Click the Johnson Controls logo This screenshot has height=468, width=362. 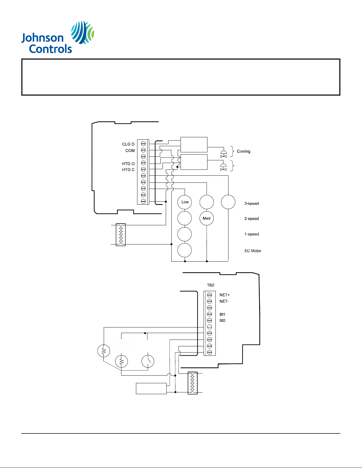pyautogui.click(x=58, y=37)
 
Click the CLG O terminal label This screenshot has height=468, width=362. pyautogui.click(x=128, y=144)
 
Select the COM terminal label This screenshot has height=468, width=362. pyautogui.click(x=130, y=151)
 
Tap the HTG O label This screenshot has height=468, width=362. pyautogui.click(x=128, y=164)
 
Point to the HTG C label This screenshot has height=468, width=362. pyautogui.click(x=128, y=170)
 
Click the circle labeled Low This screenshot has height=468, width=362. pyautogui.click(x=185, y=202)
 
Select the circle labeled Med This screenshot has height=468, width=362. pyautogui.click(x=207, y=218)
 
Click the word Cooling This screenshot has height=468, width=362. pyautogui.click(x=244, y=151)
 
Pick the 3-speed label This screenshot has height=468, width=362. pyautogui.click(x=251, y=203)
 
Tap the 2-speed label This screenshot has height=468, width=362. pyautogui.click(x=251, y=219)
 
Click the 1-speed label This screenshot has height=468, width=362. pyautogui.click(x=251, y=234)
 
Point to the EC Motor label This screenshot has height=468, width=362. pyautogui.click(x=253, y=251)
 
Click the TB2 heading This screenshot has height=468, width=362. pyautogui.click(x=210, y=285)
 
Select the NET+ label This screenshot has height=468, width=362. pyautogui.click(x=225, y=295)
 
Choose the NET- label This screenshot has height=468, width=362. pyautogui.click(x=224, y=301)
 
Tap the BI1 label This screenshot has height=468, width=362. pyautogui.click(x=222, y=314)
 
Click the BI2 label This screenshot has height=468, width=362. pyautogui.click(x=222, y=321)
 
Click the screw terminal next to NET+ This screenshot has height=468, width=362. pyautogui.click(x=210, y=295)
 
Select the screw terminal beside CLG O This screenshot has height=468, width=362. pyautogui.click(x=143, y=144)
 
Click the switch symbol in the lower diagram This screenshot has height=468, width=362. pyautogui.click(x=148, y=361)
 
